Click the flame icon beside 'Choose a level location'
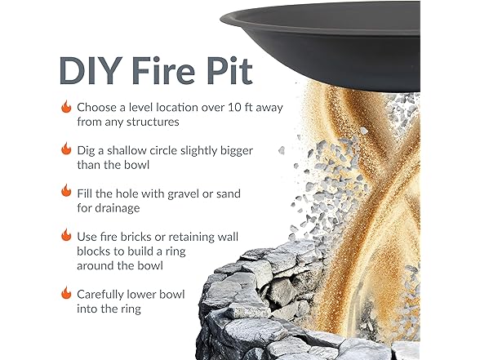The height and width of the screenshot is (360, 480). (65, 107)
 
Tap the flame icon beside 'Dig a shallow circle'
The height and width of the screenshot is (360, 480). (65, 149)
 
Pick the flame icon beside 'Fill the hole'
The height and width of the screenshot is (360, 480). (65, 190)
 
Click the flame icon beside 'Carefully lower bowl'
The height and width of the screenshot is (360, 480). (65, 292)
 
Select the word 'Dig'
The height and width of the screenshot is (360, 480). (88, 149)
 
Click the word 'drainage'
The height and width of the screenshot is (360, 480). (127, 208)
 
